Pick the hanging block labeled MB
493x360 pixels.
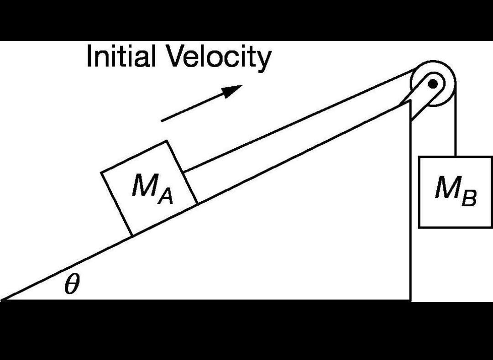tap(455, 192)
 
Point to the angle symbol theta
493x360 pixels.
tap(72, 285)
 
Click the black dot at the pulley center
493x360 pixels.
tap(433, 83)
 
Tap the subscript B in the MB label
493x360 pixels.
tap(469, 199)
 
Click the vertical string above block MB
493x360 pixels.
tap(455, 132)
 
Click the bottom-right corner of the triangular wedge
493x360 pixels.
tap(410, 300)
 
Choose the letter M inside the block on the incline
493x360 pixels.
tap(142, 185)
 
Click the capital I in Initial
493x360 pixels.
tap(89, 56)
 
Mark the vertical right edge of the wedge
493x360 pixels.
tap(410, 205)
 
